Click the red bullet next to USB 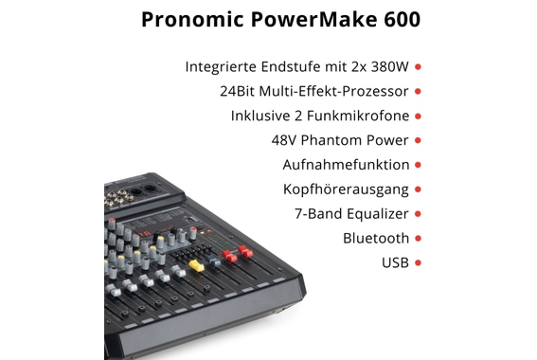pyautogui.click(x=418, y=262)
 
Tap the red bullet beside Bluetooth pyautogui.click(x=418, y=239)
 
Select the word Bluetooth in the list pyautogui.click(x=376, y=239)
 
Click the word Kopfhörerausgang pyautogui.click(x=346, y=189)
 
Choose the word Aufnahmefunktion pyautogui.click(x=346, y=165)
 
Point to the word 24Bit pyautogui.click(x=238, y=92)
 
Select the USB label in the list pyautogui.click(x=395, y=262)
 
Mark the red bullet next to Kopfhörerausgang pyautogui.click(x=418, y=189)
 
